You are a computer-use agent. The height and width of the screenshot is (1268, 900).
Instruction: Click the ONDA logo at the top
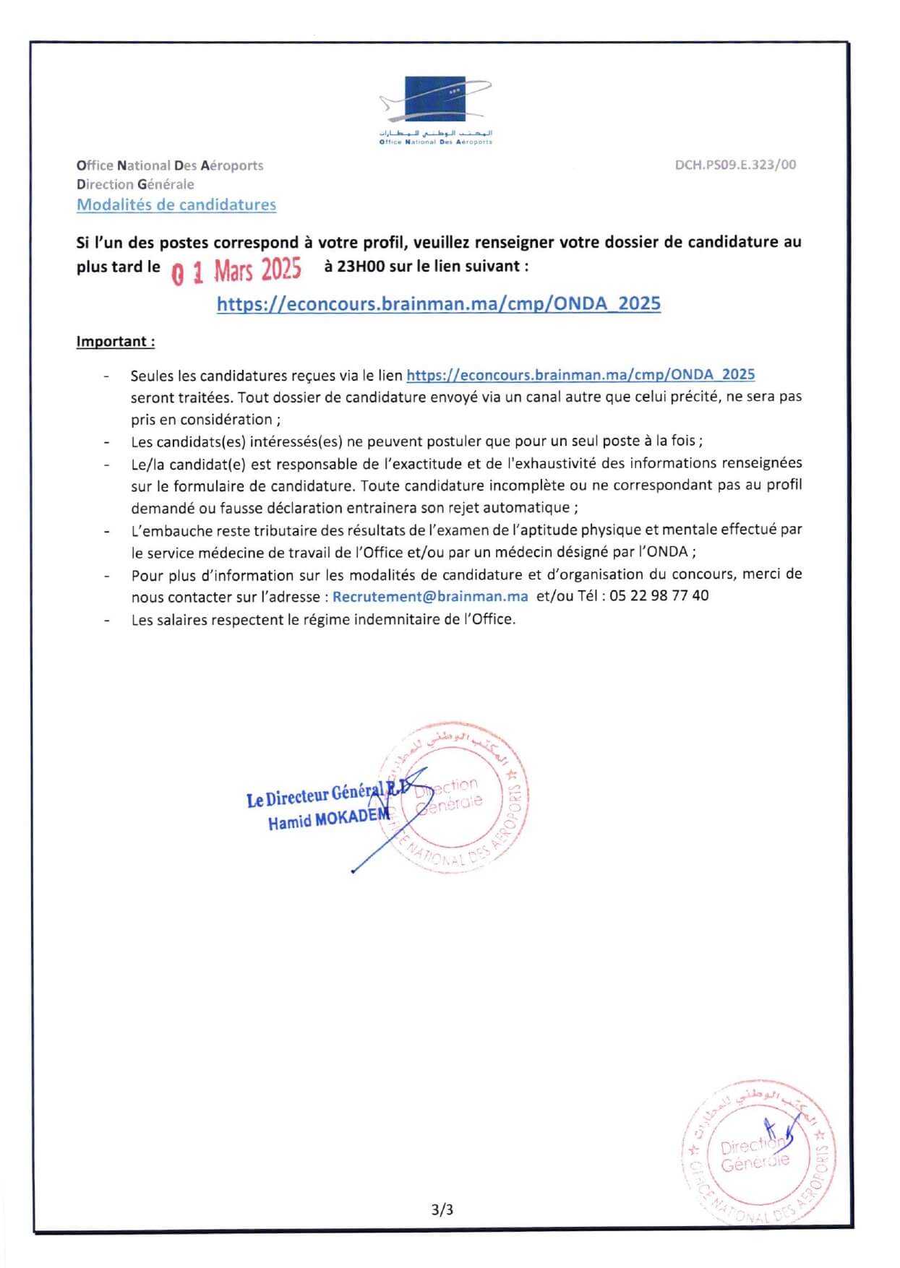click(435, 109)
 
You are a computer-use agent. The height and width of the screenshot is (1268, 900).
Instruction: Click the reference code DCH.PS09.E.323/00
click(735, 165)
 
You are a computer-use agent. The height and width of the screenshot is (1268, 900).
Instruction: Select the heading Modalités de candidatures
click(176, 204)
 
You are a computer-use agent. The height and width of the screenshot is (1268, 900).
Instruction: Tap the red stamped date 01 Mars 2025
click(237, 271)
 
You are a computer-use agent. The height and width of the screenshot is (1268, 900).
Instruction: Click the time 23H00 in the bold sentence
click(361, 266)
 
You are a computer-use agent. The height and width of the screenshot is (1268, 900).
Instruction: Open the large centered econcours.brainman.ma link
click(439, 303)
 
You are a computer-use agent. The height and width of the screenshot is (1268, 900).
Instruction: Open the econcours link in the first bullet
click(580, 374)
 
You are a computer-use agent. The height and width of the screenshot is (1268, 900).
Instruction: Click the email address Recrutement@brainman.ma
click(430, 597)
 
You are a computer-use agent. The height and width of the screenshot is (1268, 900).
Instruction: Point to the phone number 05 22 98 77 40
click(659, 596)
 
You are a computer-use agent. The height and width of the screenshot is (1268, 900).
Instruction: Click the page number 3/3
click(442, 1209)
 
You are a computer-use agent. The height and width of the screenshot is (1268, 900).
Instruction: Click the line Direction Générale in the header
click(135, 184)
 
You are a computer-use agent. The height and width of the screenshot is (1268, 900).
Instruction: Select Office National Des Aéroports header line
click(170, 165)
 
